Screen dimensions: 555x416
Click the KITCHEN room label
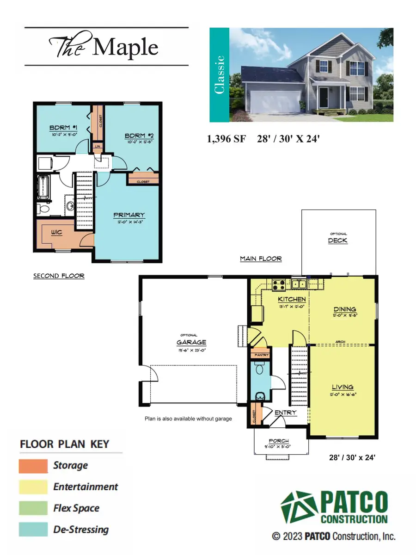tap(292, 299)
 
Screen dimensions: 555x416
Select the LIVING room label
tap(343, 387)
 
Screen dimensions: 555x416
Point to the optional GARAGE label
tap(191, 342)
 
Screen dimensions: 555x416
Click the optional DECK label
tap(337, 240)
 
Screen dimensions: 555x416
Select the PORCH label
tap(279, 441)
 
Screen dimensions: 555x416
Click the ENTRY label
tap(285, 413)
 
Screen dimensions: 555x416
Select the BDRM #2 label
tap(137, 136)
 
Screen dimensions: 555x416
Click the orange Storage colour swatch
tap(33, 466)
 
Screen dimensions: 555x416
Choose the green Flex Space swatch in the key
tap(33, 508)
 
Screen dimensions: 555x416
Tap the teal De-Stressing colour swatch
tap(33, 530)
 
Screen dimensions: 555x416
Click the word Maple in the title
tap(126, 47)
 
